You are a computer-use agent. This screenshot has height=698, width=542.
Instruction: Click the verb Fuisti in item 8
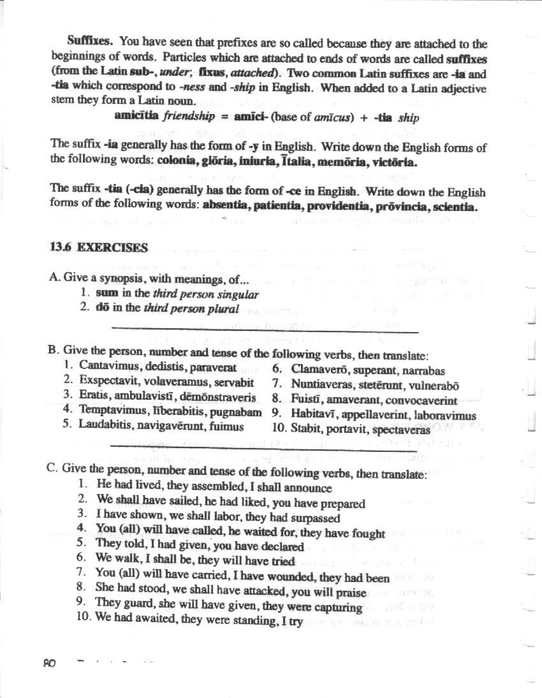pos(307,400)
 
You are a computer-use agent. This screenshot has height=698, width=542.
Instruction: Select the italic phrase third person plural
pos(191,309)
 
